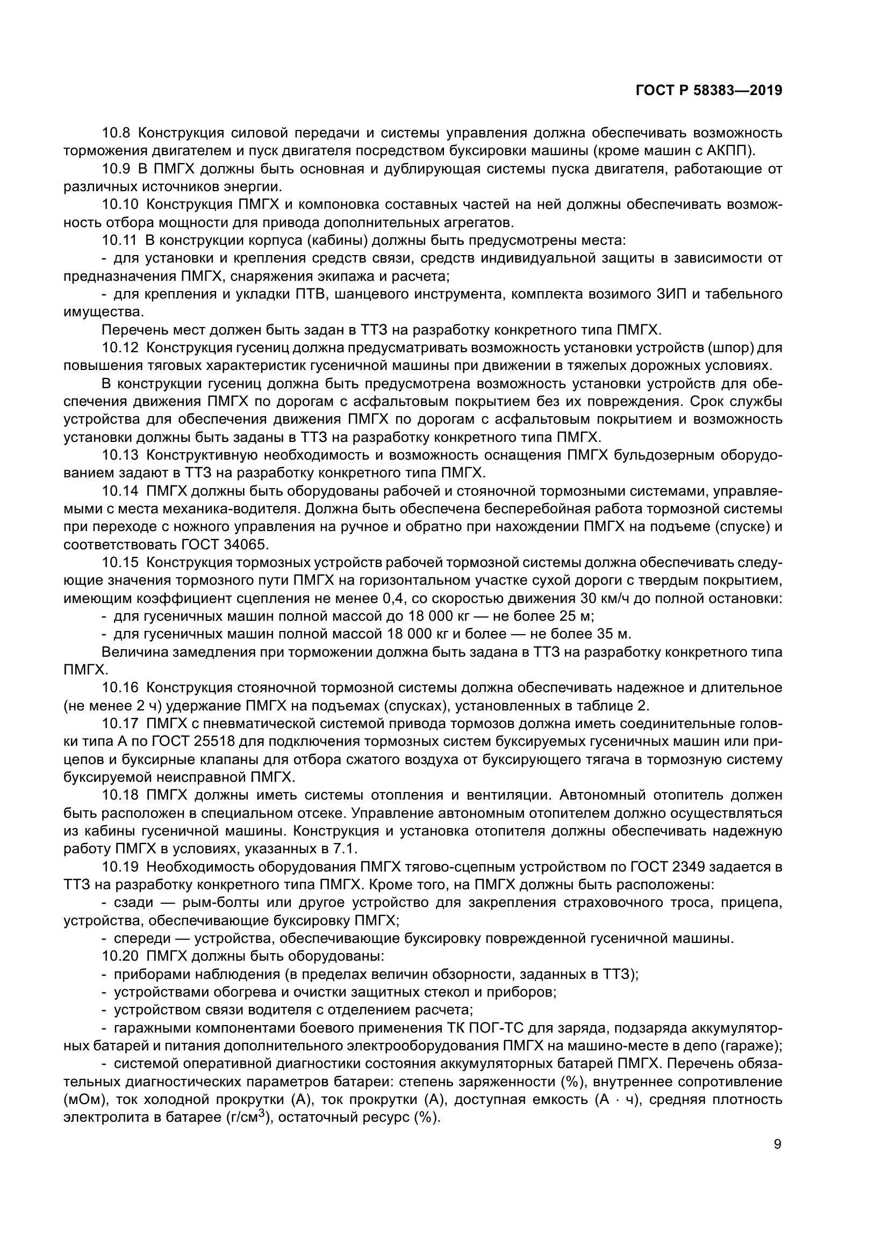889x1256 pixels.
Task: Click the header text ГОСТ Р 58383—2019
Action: coord(709,90)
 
